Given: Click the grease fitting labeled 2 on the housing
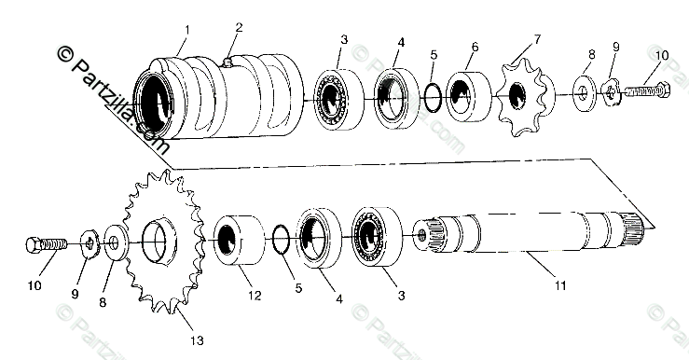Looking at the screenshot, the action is [x=227, y=62].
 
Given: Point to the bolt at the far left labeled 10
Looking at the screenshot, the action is [x=47, y=244].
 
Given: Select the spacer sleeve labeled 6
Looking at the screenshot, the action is [x=468, y=97].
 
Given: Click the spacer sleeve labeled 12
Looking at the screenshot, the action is [x=239, y=241].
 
